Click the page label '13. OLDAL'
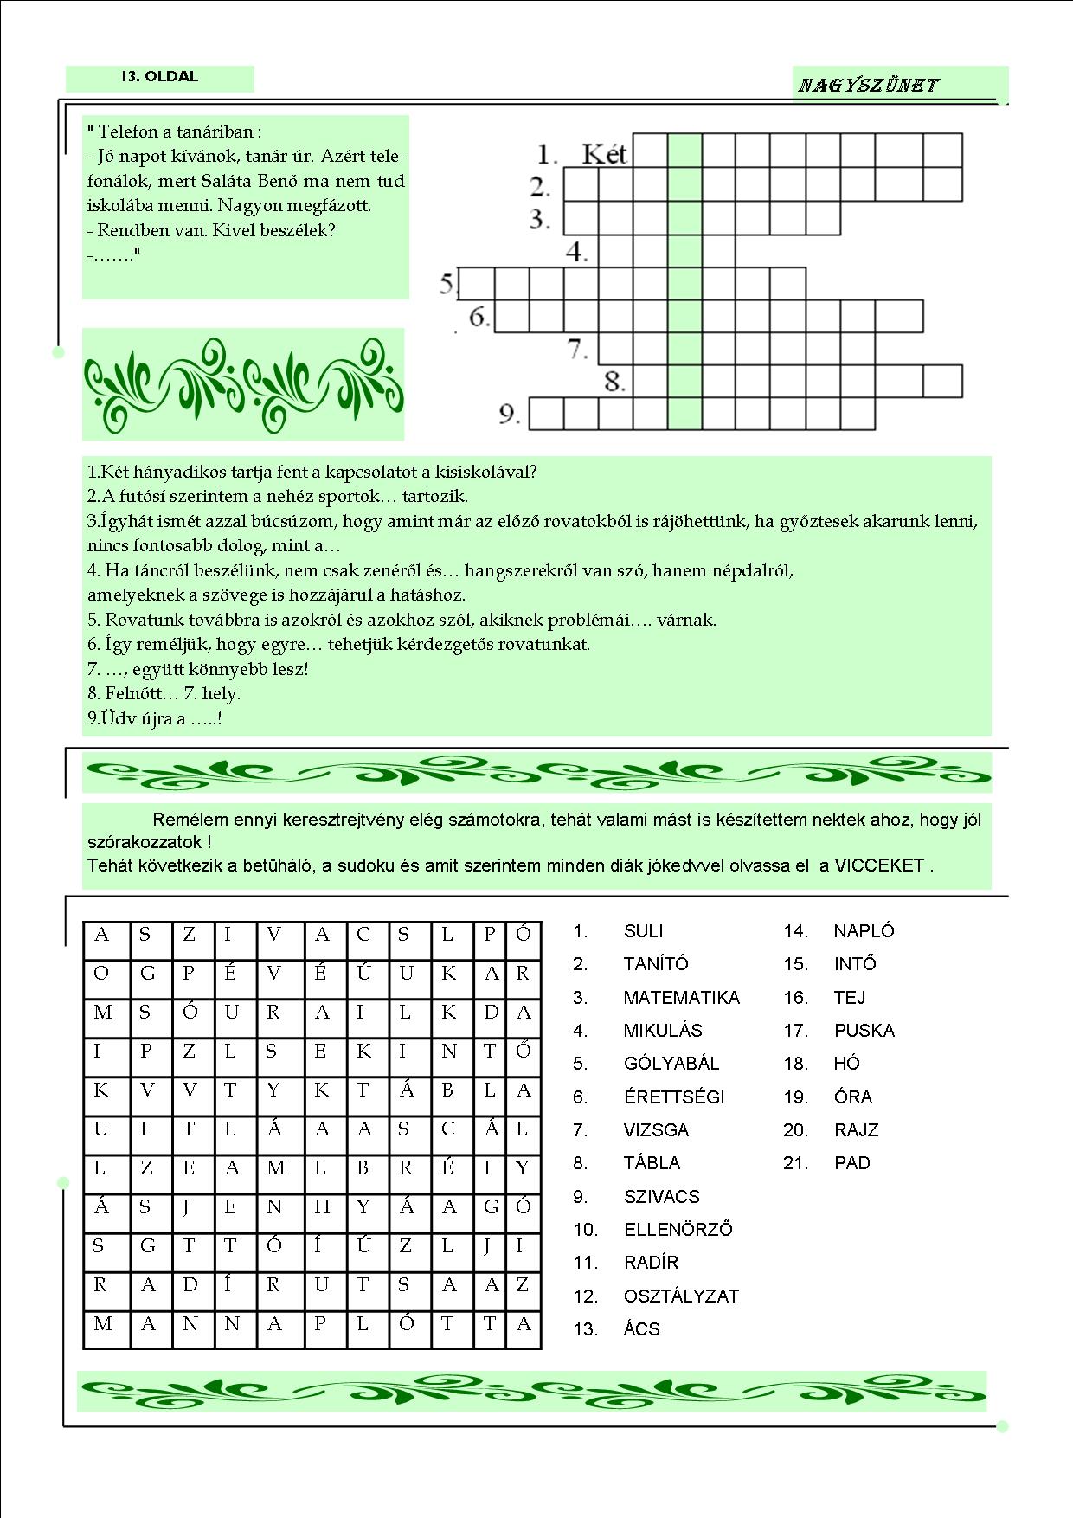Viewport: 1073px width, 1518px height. tap(160, 77)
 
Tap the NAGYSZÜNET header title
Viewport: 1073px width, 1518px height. tap(868, 85)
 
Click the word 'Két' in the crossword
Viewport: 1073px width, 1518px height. tap(604, 154)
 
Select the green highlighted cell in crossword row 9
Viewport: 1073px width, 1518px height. tap(684, 414)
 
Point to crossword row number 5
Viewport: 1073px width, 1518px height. tap(447, 284)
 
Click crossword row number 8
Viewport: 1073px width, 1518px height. tap(614, 381)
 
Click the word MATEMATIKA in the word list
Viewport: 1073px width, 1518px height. tap(681, 998)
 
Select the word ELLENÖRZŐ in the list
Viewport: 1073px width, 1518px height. tap(678, 1230)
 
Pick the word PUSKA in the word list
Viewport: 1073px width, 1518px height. tap(864, 1031)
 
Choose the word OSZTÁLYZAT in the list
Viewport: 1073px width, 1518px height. tap(681, 1296)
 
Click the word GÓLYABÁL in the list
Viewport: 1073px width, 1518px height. tap(671, 1064)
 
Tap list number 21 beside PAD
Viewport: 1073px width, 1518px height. tap(795, 1163)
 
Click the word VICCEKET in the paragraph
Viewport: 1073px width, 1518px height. tap(879, 865)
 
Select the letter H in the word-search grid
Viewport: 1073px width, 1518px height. tap(322, 1207)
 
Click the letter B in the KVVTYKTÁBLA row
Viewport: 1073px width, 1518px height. tap(447, 1090)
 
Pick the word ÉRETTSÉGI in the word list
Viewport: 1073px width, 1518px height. tap(673, 1097)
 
